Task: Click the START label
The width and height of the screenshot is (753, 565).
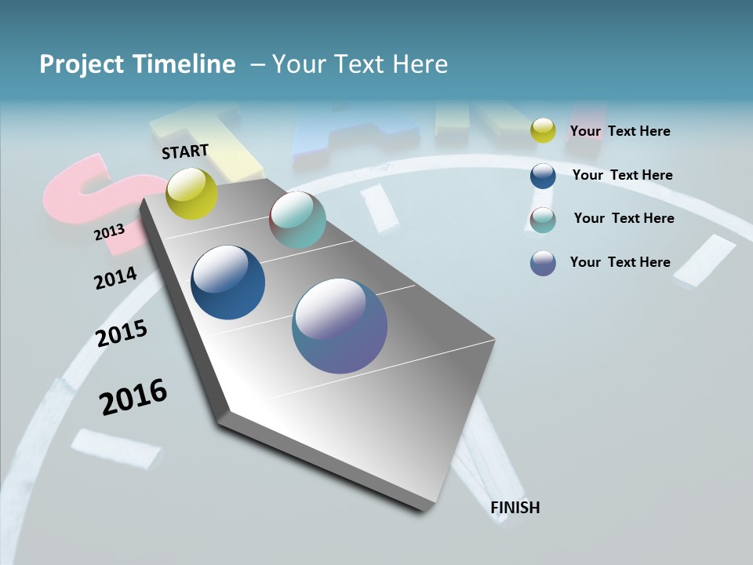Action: point(185,151)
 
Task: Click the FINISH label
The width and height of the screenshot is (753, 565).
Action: point(515,508)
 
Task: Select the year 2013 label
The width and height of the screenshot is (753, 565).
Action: point(109,231)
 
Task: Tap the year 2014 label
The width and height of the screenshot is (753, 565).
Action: point(115,279)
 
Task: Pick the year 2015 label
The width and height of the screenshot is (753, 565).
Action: point(122,334)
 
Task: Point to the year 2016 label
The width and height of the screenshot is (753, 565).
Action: point(133,397)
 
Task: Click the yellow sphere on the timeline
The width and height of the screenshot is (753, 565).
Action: point(192,193)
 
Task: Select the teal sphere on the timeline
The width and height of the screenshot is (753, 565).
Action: point(297,220)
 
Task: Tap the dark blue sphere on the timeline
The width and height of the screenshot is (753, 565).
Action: point(228,282)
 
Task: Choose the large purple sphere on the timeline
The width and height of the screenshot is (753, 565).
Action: point(340,326)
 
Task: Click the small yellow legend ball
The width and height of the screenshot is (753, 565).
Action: point(543,130)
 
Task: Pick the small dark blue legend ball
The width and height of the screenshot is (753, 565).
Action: point(543,175)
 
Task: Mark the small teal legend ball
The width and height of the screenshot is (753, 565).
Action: point(543,220)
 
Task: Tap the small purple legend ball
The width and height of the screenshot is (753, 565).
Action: point(543,263)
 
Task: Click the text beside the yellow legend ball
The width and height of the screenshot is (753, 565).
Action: point(620,131)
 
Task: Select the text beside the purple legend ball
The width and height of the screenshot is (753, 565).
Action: point(620,262)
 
